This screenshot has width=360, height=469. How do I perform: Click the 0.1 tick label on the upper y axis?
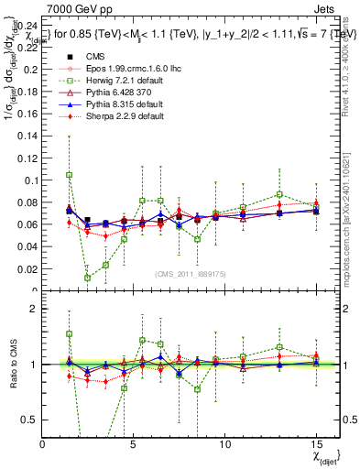[31, 180]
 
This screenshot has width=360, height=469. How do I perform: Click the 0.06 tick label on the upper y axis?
[27, 224]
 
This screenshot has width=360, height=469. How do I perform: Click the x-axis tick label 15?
[317, 442]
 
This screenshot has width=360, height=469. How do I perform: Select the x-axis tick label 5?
[134, 442]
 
